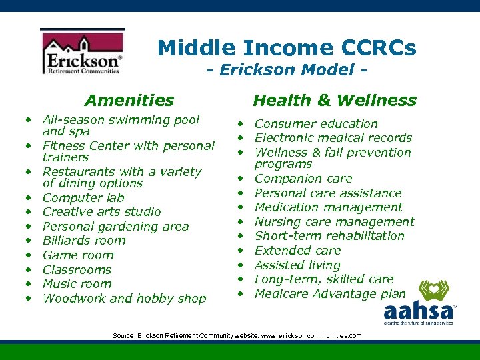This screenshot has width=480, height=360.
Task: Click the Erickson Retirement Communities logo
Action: tap(82, 53)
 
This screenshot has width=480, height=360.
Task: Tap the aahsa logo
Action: tap(420, 303)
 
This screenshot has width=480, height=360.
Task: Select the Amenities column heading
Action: tap(129, 101)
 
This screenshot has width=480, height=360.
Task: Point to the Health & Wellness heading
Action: tap(334, 101)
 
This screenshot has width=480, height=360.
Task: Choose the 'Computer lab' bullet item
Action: tap(83, 198)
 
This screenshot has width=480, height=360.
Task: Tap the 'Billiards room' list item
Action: tap(83, 241)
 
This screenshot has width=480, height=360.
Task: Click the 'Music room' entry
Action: tap(77, 284)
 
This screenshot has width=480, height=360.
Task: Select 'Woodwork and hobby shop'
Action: tap(124, 299)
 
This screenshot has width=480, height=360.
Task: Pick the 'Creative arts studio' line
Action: tap(101, 212)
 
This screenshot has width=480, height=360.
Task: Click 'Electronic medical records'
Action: tap(333, 138)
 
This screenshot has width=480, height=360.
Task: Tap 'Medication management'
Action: tap(328, 207)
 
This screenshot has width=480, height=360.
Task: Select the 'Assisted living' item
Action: tap(297, 265)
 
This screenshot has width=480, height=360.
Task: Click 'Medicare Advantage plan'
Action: tap(329, 294)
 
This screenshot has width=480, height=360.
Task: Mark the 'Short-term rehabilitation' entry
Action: tap(329, 236)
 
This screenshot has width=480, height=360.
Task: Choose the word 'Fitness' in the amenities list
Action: tap(64, 146)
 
